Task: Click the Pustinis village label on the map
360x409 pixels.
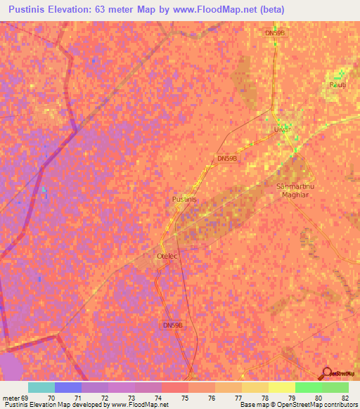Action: (x=184, y=200)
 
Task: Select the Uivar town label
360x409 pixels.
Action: (x=281, y=130)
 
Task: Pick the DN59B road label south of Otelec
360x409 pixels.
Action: (x=172, y=325)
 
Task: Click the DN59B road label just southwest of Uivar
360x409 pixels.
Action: (x=227, y=159)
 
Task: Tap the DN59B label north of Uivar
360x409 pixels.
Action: (x=274, y=33)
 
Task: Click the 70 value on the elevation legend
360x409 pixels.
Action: (x=51, y=398)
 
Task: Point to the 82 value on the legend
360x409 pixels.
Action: (x=344, y=398)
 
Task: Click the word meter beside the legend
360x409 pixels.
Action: (x=10, y=398)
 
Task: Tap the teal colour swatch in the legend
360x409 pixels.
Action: (x=41, y=387)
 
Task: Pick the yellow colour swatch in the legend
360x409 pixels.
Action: (x=282, y=387)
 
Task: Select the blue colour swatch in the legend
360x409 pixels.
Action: (x=68, y=387)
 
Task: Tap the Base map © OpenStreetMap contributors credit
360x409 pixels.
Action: (x=297, y=405)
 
